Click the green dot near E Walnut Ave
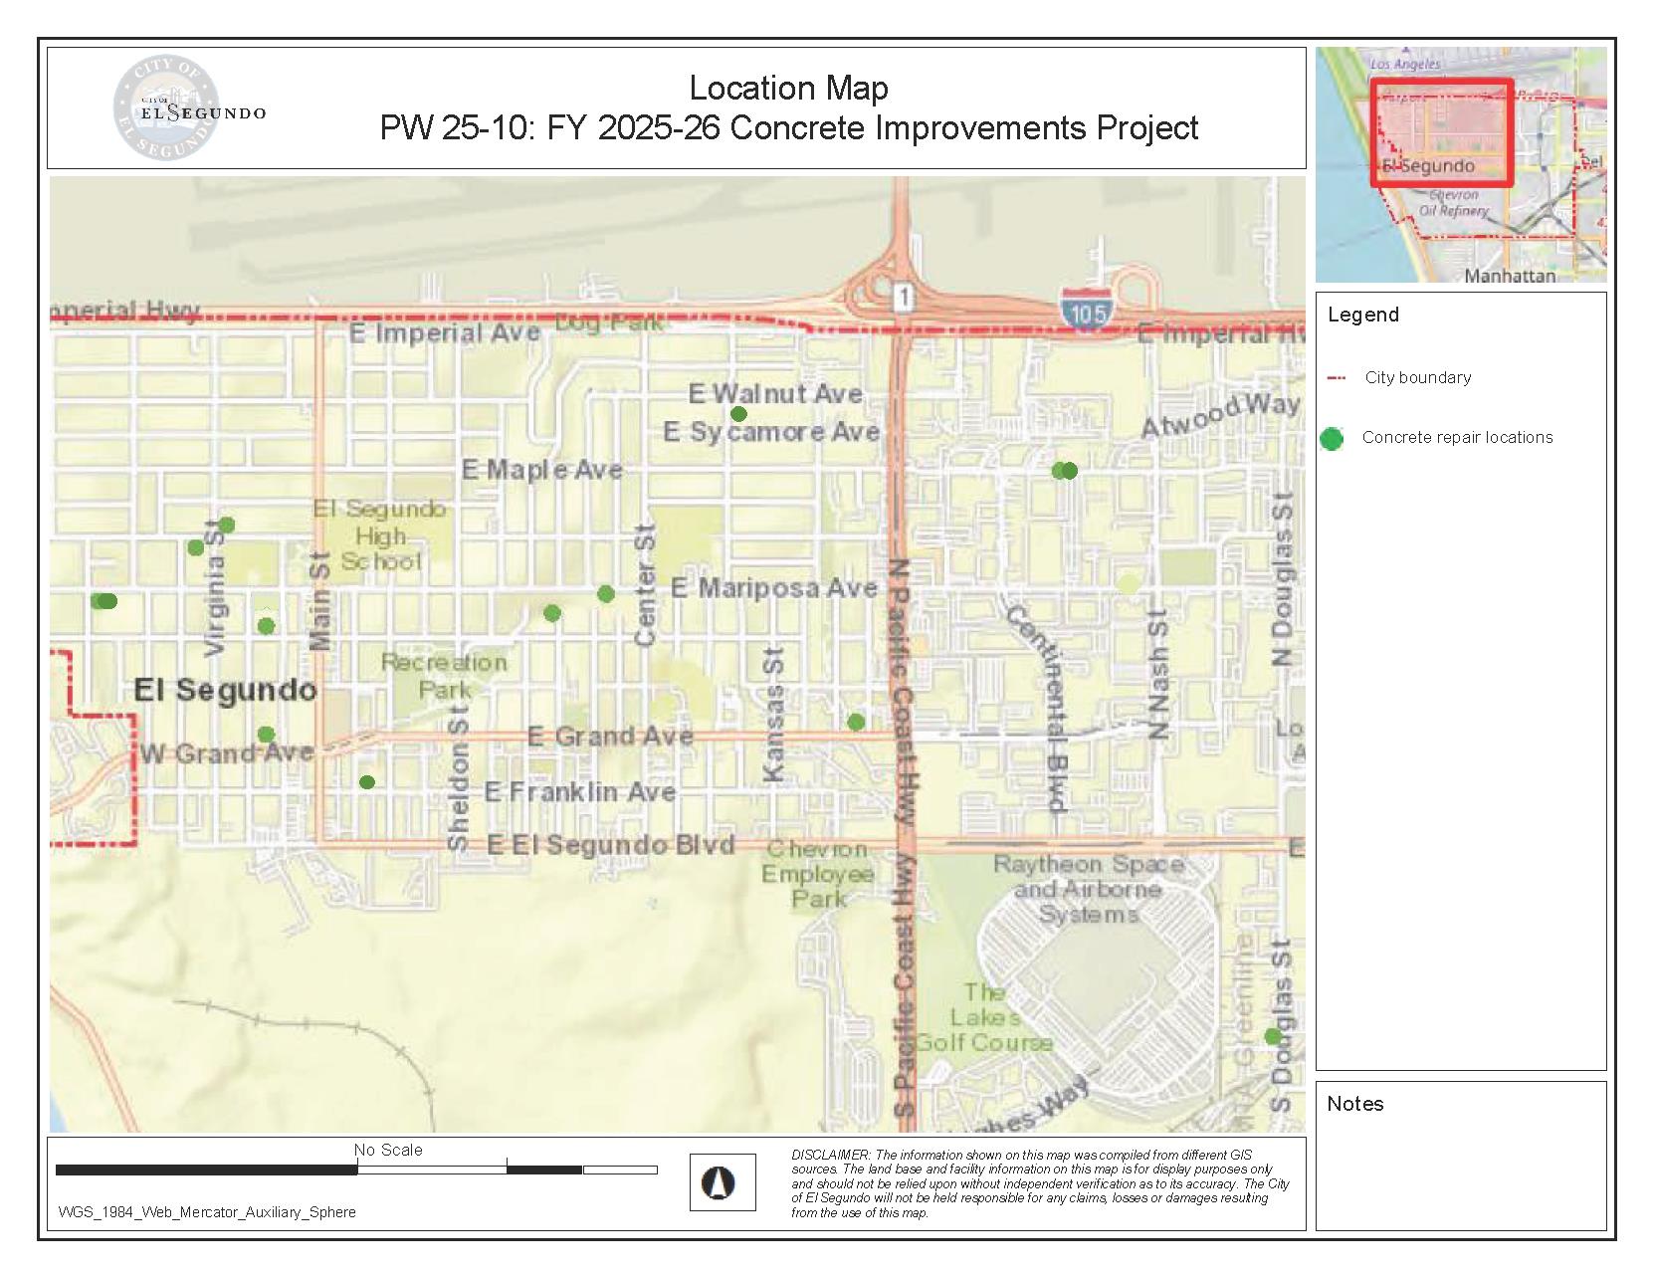(x=738, y=414)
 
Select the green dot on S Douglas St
(x=1272, y=1036)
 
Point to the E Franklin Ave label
(x=580, y=792)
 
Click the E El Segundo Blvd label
(x=610, y=845)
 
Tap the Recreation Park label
(x=444, y=676)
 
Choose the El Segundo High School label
(x=380, y=535)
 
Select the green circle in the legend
(x=1332, y=438)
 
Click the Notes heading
(x=1355, y=1104)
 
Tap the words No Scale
(x=388, y=1150)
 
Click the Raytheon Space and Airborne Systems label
(x=1089, y=889)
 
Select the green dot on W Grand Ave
(x=266, y=735)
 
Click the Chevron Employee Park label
(x=818, y=874)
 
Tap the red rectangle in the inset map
(x=1442, y=132)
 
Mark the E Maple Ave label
(x=542, y=470)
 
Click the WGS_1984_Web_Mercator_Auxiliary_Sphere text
(x=207, y=1212)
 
